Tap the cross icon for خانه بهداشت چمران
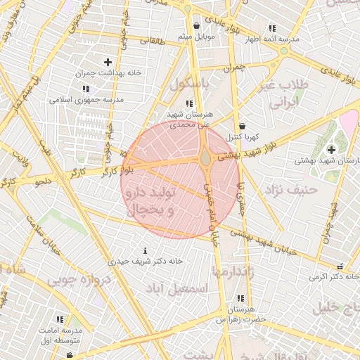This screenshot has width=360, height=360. coord(108,63)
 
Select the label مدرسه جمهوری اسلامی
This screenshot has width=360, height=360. coord(86,100)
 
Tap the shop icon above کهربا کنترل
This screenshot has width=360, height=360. coord(242,126)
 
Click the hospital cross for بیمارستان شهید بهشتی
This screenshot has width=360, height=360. coord(331,149)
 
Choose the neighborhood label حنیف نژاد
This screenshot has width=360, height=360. coord(291,188)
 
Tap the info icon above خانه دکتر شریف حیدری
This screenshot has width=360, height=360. coord(145,250)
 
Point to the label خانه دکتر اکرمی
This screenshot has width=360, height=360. coord(328,277)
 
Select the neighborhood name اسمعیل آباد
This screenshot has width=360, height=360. coord(176,288)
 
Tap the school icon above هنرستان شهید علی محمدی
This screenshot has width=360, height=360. coord(190,104)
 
